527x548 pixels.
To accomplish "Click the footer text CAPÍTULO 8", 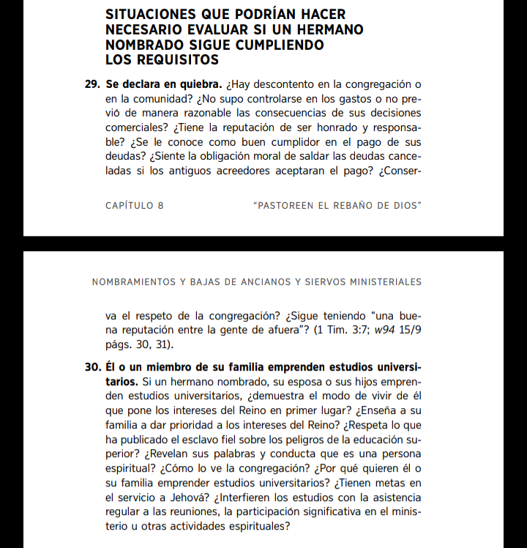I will click(x=135, y=206).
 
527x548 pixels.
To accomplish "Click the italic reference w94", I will click(x=386, y=331).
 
